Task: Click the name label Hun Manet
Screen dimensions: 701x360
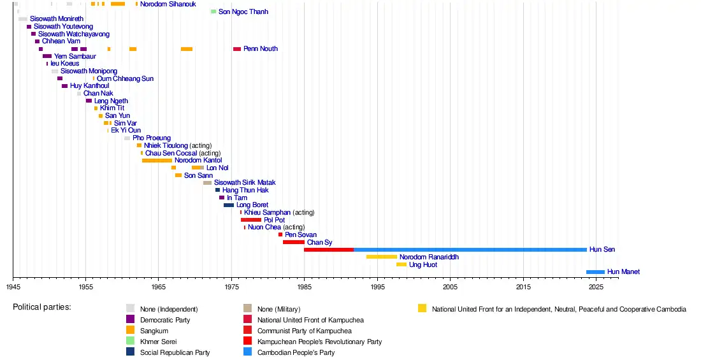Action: [x=623, y=272]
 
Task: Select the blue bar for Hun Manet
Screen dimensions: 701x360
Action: [x=595, y=272]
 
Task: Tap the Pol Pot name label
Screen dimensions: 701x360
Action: [x=274, y=220]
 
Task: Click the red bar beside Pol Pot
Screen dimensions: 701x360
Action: [x=251, y=220]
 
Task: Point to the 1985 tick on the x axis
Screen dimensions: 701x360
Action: [x=305, y=278]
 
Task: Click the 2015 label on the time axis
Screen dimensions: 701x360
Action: [x=523, y=287]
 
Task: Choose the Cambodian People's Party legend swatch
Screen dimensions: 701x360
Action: [x=247, y=352]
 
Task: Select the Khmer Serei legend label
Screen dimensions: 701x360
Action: [x=158, y=342]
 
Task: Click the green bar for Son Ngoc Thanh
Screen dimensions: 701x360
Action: [x=213, y=11]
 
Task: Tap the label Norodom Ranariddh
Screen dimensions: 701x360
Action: [x=429, y=257]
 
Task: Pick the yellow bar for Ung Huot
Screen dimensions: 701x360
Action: [x=401, y=265]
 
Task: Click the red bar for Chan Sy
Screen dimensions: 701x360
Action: [x=294, y=242]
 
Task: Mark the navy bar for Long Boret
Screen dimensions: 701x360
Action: [x=229, y=205]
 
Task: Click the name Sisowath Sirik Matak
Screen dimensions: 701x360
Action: [x=245, y=182]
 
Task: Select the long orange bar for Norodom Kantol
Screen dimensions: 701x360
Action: [x=157, y=161]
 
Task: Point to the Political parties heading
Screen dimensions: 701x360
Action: [x=42, y=307]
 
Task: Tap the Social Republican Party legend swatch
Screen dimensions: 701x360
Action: [x=130, y=352]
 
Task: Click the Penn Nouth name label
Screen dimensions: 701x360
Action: [x=261, y=49]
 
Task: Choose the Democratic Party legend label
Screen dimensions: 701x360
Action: [x=165, y=320]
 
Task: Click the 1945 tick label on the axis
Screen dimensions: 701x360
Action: [x=13, y=287]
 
